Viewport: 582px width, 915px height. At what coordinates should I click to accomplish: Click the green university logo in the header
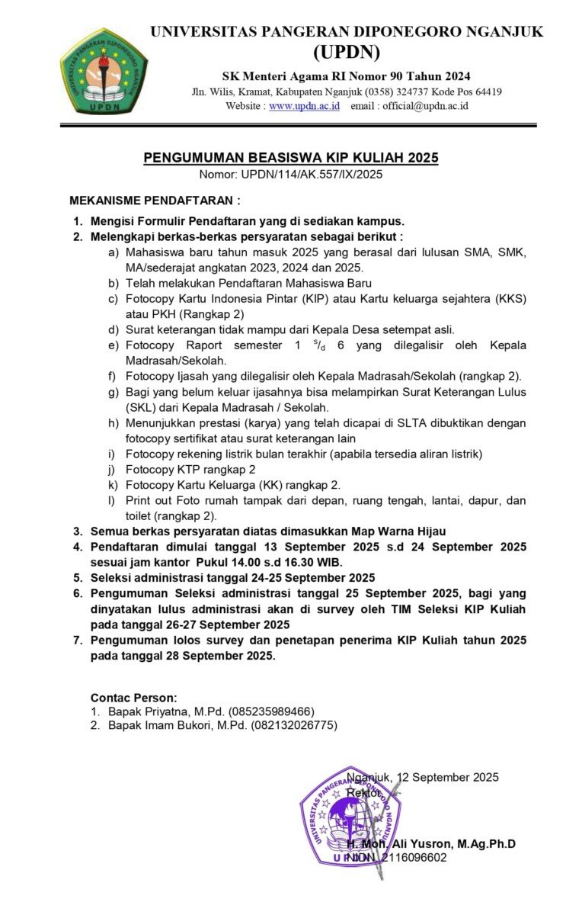coord(104,72)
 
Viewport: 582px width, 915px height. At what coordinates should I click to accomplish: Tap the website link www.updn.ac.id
coord(304,106)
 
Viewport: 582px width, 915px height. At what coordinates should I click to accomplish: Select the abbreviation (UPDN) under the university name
coord(347,53)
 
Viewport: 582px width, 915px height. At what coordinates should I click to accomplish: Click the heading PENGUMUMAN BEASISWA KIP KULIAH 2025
coord(291,158)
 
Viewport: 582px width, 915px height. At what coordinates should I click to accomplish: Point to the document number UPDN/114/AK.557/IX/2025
coord(312,174)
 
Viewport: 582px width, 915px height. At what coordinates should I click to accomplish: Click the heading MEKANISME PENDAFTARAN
coord(155,201)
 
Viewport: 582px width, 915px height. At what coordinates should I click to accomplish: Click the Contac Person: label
coord(133,697)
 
